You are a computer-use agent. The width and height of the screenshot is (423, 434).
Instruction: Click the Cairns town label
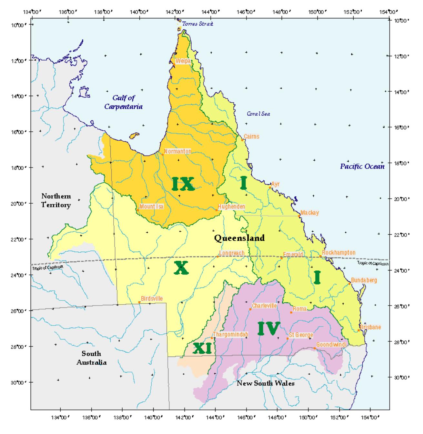click(x=251, y=136)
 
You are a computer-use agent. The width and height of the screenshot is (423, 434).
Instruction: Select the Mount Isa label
click(x=151, y=207)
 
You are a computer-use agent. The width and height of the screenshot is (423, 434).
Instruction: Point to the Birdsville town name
click(x=152, y=299)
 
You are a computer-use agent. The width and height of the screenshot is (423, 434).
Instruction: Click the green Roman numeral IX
click(x=183, y=184)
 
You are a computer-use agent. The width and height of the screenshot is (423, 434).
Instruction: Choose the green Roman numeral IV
click(x=269, y=328)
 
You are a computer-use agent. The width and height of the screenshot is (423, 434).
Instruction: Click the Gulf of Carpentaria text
click(x=123, y=102)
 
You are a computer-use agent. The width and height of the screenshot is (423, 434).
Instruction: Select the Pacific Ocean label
click(x=362, y=167)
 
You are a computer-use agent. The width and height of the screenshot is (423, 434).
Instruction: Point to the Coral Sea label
click(x=258, y=114)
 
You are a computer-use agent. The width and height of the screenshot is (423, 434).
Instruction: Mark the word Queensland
click(x=239, y=238)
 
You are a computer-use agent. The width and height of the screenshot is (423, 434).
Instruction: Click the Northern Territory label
click(x=56, y=200)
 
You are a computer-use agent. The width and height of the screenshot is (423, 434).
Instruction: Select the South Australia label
click(x=91, y=358)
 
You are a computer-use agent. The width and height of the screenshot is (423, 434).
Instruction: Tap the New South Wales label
click(x=266, y=383)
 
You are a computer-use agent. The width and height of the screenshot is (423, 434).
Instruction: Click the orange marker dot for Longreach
click(x=218, y=257)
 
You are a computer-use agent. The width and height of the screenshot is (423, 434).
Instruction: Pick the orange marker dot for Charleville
click(x=250, y=309)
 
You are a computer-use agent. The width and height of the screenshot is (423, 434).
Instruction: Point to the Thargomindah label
click(x=231, y=335)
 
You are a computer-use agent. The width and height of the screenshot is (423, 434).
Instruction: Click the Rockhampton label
click(x=338, y=253)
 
